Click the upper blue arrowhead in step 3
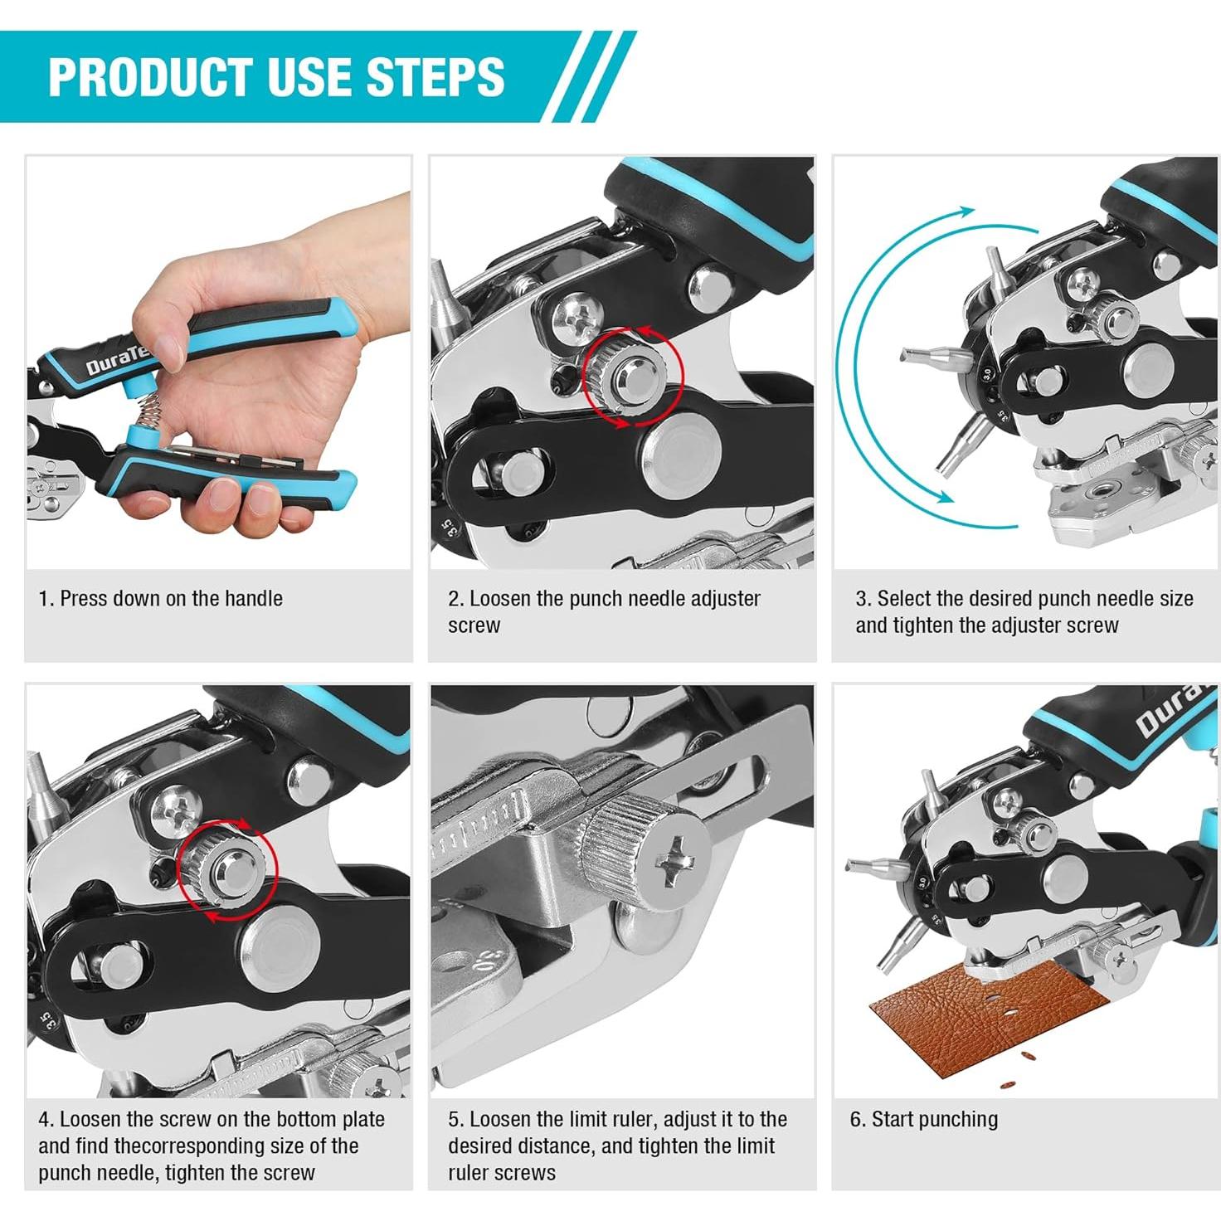coord(966,211)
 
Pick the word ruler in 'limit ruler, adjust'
coord(635,1120)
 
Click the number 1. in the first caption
coord(46,598)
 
